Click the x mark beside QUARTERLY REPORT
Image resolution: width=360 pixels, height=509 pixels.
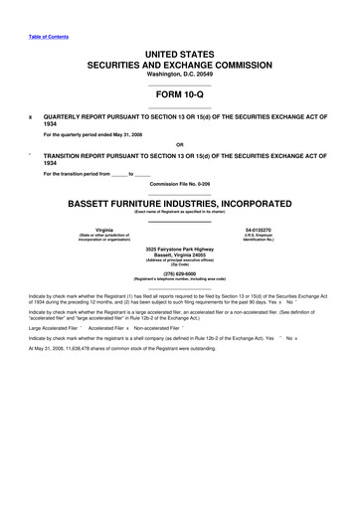pos(31,115)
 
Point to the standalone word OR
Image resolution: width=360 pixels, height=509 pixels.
pos(180,144)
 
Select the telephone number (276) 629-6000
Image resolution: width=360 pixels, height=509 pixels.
pos(180,273)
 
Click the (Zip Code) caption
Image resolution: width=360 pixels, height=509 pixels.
pos(180,264)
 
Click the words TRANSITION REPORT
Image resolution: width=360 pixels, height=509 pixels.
pos(84,157)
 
